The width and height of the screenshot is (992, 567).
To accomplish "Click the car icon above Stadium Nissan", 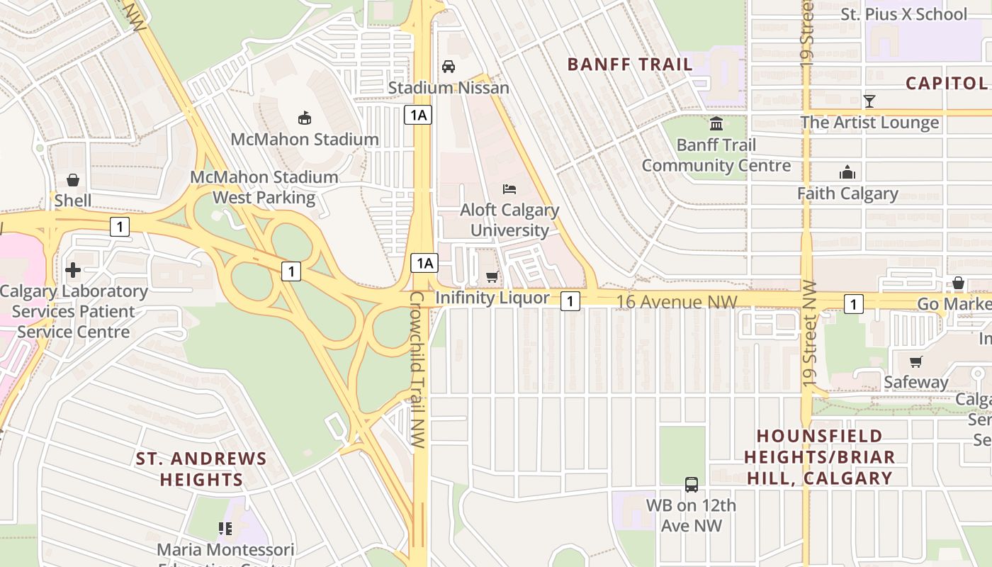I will (x=449, y=67).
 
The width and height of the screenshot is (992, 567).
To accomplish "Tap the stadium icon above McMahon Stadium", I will (x=305, y=118).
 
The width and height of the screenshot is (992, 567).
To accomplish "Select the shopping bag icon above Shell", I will (x=73, y=180).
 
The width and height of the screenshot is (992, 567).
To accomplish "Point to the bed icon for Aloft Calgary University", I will (x=509, y=189).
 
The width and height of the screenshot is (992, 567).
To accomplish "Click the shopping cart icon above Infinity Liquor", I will (x=492, y=276).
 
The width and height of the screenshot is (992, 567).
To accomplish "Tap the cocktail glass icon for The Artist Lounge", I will (x=869, y=101).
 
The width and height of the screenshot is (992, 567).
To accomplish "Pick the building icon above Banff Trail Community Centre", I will (x=716, y=124).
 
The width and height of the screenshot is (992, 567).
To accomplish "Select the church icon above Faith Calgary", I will (x=847, y=172).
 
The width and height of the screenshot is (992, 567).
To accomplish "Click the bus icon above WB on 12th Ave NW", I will (x=692, y=485).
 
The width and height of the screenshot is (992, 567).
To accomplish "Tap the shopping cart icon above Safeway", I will (x=916, y=361).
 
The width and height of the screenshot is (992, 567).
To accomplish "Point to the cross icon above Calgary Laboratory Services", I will (x=73, y=270).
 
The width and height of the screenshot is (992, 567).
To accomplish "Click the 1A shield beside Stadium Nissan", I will (x=418, y=114).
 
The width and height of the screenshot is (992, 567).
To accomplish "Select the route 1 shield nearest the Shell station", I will (x=120, y=227).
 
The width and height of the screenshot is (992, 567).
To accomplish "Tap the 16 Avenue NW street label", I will (x=677, y=302).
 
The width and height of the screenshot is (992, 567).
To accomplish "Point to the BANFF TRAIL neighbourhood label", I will (x=630, y=64).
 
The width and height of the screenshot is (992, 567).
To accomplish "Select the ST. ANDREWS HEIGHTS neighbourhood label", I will (x=201, y=469).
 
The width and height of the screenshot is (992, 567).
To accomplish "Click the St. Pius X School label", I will (x=903, y=14).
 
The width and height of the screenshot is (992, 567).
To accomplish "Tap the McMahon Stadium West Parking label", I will (x=264, y=187).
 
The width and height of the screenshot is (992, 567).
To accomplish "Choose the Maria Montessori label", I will (x=225, y=549).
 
